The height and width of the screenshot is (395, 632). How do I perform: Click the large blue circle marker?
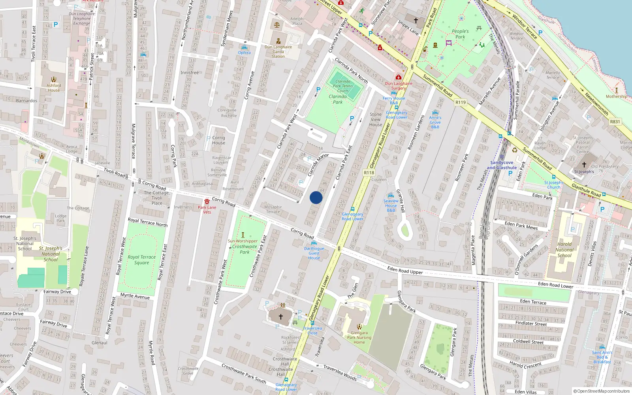[x=316, y=197]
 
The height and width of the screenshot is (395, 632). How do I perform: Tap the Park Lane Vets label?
[x=207, y=210]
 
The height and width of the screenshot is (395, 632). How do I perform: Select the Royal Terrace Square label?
[x=141, y=260]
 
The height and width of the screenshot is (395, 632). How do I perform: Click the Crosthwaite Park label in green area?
[x=245, y=249]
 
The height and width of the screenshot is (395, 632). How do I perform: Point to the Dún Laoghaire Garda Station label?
[x=278, y=52]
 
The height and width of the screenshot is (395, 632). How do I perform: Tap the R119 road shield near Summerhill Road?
[x=461, y=102]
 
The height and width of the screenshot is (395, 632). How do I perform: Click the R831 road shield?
[x=615, y=122]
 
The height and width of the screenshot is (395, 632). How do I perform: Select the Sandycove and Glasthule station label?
[x=502, y=165]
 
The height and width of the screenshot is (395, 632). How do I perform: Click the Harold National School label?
[x=564, y=250]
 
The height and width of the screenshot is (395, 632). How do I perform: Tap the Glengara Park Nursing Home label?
[x=359, y=337]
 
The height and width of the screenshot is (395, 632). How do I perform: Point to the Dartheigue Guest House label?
[x=314, y=253]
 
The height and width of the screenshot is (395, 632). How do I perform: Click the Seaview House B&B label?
[x=391, y=205]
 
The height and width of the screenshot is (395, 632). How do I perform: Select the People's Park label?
[x=460, y=34]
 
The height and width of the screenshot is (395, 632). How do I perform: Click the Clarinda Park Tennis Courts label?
[x=343, y=86]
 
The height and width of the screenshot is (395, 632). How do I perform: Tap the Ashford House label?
[x=54, y=88]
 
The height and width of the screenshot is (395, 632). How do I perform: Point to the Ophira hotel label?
[x=244, y=53]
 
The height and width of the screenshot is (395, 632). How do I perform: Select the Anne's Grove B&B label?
[x=435, y=122]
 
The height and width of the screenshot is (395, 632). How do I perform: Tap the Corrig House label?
[x=218, y=140]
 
